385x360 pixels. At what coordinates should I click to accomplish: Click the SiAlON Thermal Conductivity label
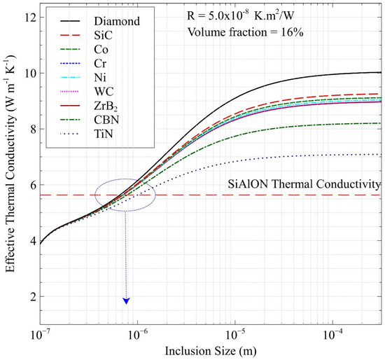coord(306,184)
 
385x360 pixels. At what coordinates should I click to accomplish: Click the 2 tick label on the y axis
coord(24,297)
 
